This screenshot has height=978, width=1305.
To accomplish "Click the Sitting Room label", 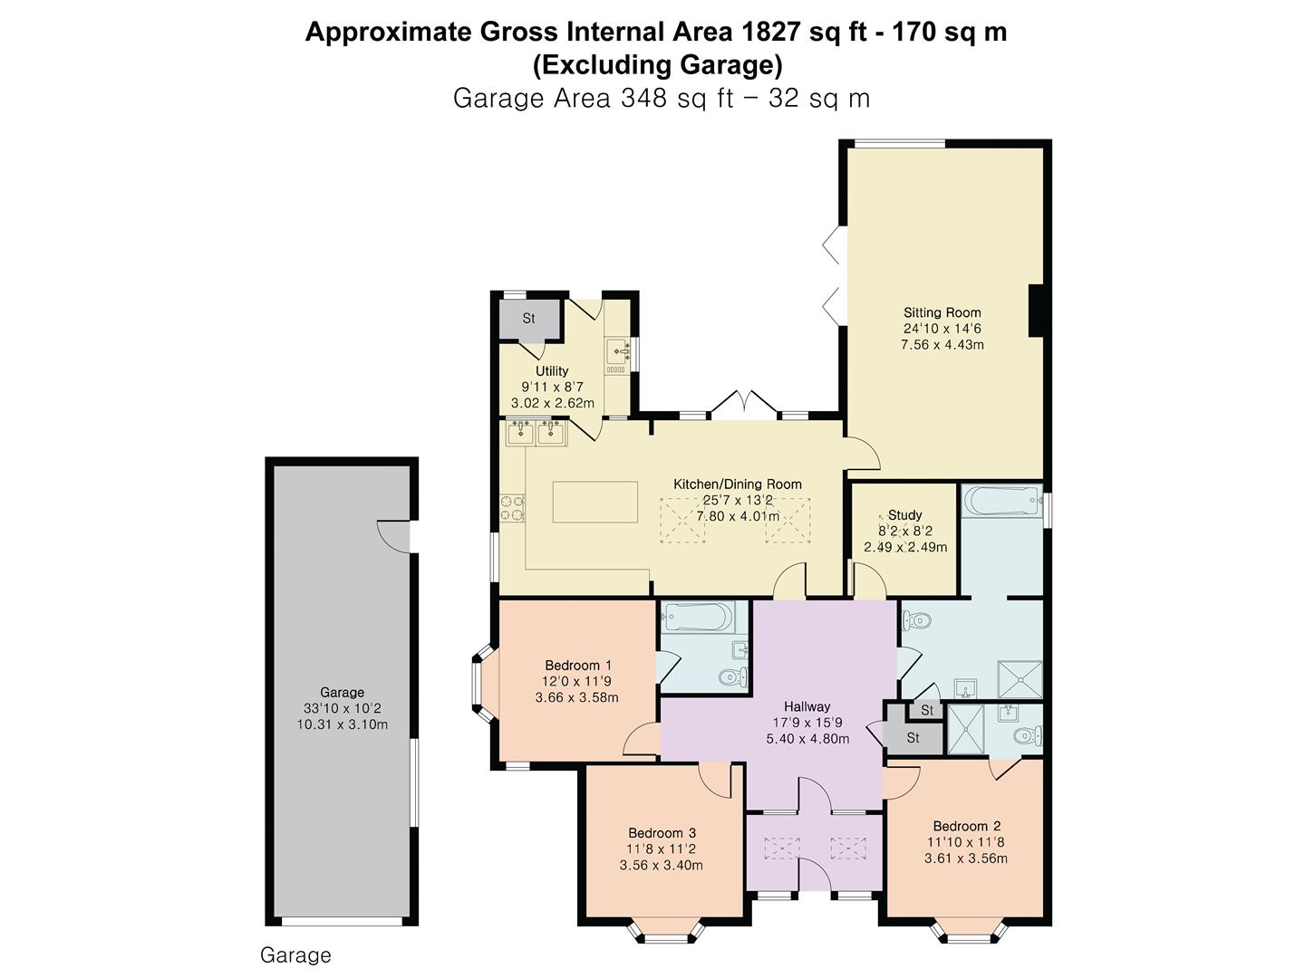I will coord(942,312).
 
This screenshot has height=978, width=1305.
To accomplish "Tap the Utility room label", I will coord(552,370).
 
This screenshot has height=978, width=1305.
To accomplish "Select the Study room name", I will coord(904,514).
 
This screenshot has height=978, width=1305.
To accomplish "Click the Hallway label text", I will coord(807,706).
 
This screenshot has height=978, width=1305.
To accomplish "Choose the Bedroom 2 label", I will coord(966,826).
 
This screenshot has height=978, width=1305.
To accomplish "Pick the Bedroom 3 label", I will coord(662,833).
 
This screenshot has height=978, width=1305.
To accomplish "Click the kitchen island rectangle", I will coord(595,502).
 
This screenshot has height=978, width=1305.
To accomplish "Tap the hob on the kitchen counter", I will coord(512,508).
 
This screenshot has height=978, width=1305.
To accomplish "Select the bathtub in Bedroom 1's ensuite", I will coord(697,618).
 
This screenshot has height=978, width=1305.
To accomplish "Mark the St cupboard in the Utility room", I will coord(528,318).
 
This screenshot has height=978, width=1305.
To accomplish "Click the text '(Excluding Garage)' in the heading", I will coord(657,65).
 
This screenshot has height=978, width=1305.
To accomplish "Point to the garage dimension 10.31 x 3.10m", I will coord(342,724).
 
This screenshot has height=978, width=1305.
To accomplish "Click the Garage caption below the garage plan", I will coord(295,955).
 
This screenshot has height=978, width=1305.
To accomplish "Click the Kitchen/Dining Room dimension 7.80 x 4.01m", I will coord(737,516).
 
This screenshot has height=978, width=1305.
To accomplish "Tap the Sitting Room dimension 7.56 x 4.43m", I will coord(942,345).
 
